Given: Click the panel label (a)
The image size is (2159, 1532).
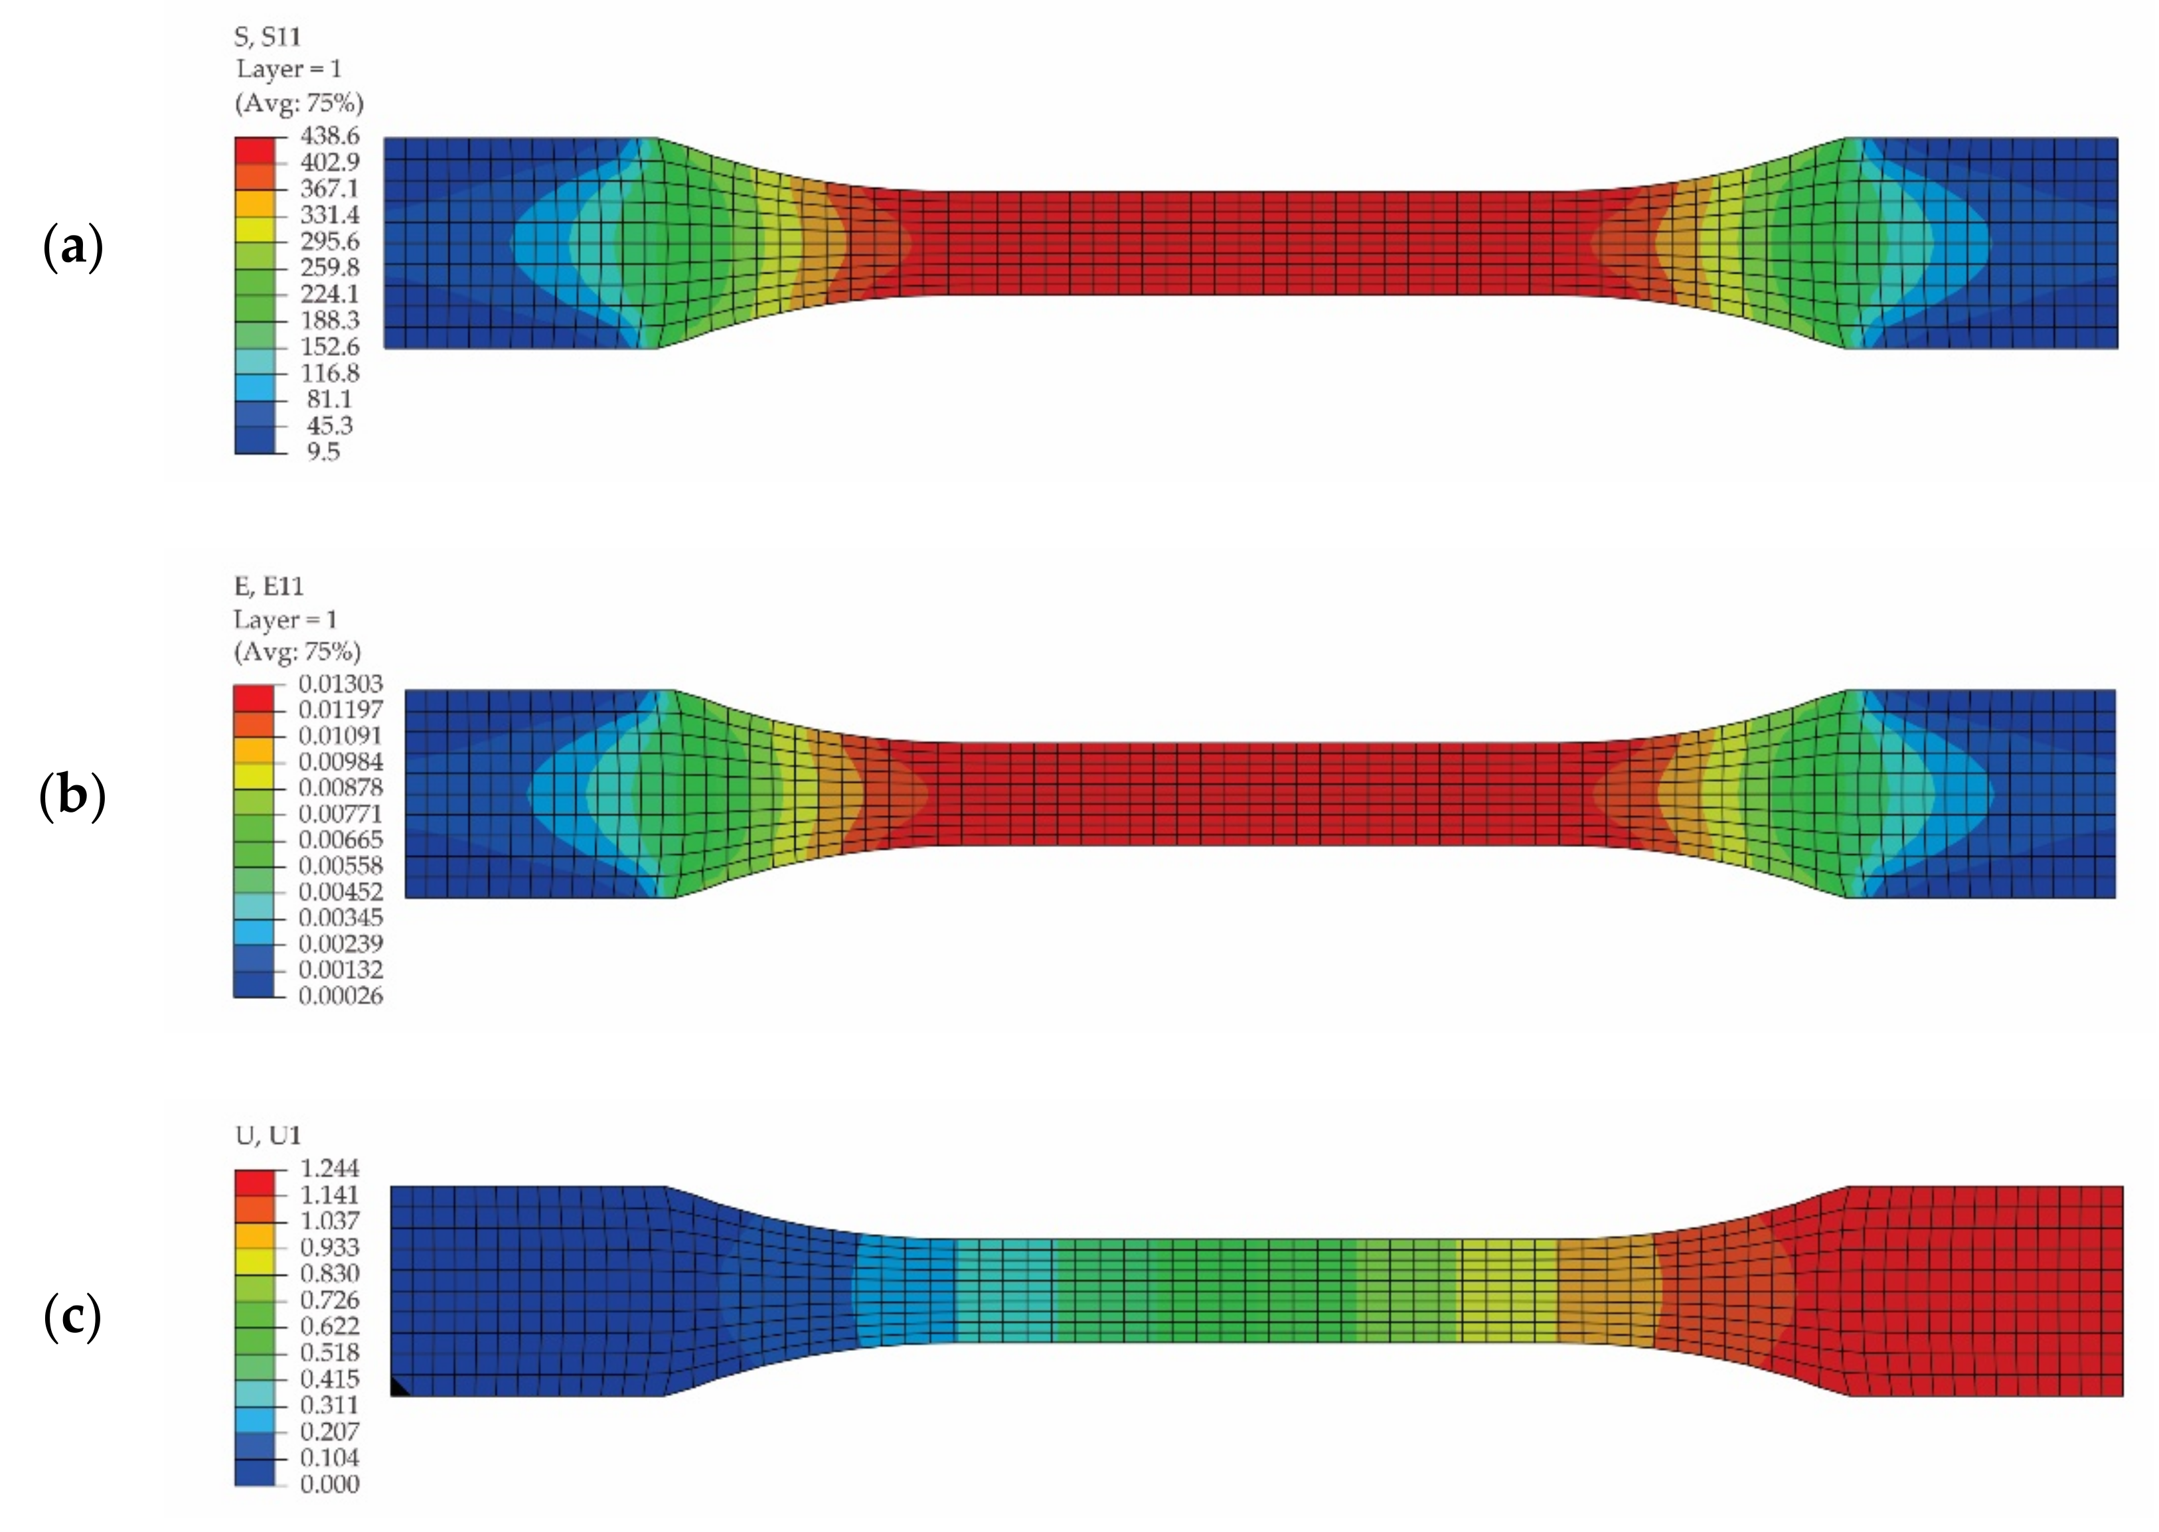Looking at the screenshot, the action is coord(72,247).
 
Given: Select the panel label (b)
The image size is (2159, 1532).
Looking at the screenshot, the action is coord(72,795).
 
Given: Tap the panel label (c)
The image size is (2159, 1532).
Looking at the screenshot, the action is coord(72,1317).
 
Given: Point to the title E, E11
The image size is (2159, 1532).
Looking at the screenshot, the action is coord(269,587).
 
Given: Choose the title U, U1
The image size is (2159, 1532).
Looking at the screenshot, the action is coord(268,1135).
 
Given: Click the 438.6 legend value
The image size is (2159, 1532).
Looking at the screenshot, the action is coord(329,136).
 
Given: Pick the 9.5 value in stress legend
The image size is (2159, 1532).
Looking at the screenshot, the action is coord(323,452).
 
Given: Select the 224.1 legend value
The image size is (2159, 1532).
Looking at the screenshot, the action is coord(329,293).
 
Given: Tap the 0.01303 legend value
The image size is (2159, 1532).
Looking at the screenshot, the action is coord(341,683).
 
